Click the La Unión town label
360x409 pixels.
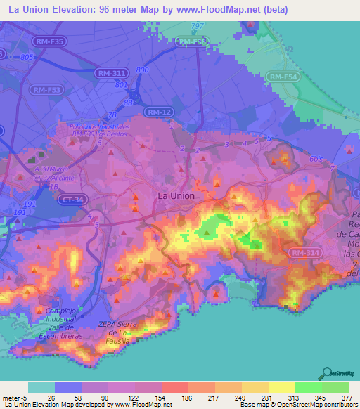(176, 196)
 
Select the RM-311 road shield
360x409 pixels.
(112, 72)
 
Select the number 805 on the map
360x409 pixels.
(28, 57)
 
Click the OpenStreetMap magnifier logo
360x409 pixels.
(327, 374)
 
